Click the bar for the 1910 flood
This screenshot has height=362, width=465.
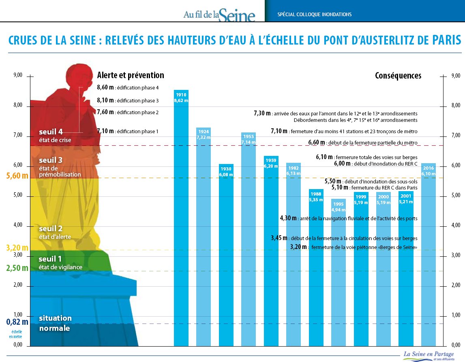click(x=181, y=219)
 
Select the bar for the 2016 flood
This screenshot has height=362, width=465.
click(x=428, y=255)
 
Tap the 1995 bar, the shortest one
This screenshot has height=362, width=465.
click(x=338, y=275)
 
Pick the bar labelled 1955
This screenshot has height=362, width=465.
click(x=248, y=239)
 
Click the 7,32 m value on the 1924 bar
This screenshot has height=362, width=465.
click(x=204, y=138)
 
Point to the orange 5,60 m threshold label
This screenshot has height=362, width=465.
click(x=17, y=176)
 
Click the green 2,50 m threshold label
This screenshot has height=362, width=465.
click(x=17, y=268)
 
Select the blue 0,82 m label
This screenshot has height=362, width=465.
click(x=17, y=322)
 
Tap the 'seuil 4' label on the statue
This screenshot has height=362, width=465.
click(x=51, y=132)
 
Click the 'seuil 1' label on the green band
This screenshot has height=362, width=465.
click(x=50, y=259)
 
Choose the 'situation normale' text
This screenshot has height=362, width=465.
click(x=55, y=323)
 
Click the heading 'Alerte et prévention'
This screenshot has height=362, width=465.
click(x=131, y=75)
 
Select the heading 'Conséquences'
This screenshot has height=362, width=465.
click(x=398, y=76)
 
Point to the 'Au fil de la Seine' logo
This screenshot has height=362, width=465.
click(x=219, y=15)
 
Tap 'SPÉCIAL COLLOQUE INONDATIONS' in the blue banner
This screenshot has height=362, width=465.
click(x=314, y=15)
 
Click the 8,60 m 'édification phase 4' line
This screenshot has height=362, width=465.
click(x=128, y=87)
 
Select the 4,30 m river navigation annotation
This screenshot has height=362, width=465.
click(x=349, y=218)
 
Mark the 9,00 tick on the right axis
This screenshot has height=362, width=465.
click(x=456, y=76)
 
